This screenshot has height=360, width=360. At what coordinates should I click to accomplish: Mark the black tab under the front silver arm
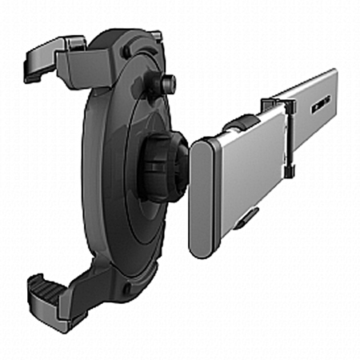pyautogui.click(x=249, y=217)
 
